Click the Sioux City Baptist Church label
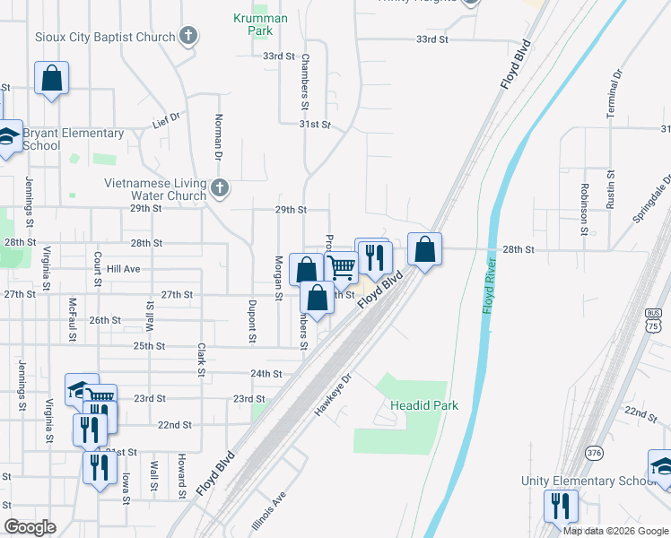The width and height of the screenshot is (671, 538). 105,37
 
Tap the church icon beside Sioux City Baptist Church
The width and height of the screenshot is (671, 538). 187,37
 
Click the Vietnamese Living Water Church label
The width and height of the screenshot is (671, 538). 155,189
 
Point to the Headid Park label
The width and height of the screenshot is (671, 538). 424,405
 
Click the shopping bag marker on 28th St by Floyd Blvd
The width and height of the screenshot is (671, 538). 425,249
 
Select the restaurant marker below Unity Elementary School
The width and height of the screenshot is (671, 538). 561,506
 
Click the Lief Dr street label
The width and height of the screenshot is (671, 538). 166,117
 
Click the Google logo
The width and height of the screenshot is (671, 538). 30,527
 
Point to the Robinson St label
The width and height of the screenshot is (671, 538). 583,204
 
